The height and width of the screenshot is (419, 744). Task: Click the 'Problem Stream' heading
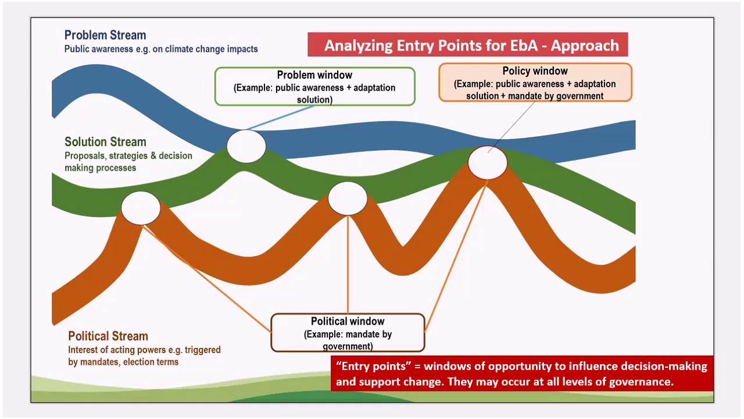pyautogui.click(x=105, y=35)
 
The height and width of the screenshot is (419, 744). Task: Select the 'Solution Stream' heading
pyautogui.click(x=105, y=141)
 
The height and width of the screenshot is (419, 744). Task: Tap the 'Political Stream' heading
pyautogui.click(x=108, y=336)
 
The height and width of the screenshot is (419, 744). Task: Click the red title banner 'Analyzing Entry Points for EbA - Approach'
pyautogui.click(x=467, y=45)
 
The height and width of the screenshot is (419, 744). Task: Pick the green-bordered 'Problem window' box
pyautogui.click(x=314, y=86)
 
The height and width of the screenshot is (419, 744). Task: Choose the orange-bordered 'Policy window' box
pyautogui.click(x=535, y=83)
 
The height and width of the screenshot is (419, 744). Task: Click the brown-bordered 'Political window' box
pyautogui.click(x=348, y=333)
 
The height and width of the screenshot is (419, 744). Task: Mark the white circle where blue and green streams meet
pyautogui.click(x=246, y=146)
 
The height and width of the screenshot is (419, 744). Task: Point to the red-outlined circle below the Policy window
pyautogui.click(x=488, y=162)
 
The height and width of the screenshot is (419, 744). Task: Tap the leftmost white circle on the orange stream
pyautogui.click(x=141, y=208)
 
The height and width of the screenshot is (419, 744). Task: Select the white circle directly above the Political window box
pyautogui.click(x=348, y=198)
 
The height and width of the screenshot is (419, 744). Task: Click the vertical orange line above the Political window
pyautogui.click(x=348, y=262)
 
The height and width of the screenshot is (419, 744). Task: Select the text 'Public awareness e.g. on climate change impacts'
pyautogui.click(x=161, y=49)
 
